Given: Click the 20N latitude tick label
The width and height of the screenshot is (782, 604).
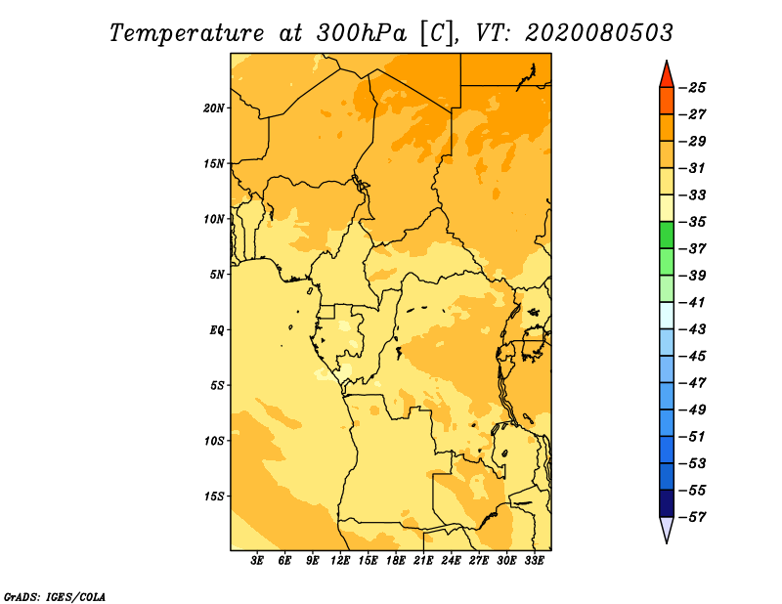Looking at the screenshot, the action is point(214,108).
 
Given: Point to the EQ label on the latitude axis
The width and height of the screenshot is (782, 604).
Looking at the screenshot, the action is point(216,330).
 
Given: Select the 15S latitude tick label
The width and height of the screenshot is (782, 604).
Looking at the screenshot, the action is point(214,496).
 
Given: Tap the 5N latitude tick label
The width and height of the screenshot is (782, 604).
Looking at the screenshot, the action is point(216,275).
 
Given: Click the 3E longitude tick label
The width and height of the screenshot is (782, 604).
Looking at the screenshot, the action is point(257,561).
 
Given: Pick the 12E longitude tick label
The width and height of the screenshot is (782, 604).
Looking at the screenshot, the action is point(339,561).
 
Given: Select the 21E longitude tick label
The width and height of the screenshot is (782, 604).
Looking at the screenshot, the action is point(423,561).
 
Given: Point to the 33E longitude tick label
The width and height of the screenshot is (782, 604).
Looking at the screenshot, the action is point(534,561).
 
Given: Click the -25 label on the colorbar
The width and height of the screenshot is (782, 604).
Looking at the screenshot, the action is point(692,88).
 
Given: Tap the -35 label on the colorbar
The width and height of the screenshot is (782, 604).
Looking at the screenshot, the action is point(692,222).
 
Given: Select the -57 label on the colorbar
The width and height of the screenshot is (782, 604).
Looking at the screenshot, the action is point(692,517).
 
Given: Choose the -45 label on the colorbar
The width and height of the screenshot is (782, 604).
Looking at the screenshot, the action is point(692,356).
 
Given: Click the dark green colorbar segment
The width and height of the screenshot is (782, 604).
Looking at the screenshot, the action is point(667,235).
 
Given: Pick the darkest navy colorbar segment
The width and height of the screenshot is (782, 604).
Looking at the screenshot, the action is point(667,503).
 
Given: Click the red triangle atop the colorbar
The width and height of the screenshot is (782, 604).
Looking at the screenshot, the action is point(667,76).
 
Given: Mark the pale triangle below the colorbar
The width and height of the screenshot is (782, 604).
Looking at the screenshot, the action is point(667,529).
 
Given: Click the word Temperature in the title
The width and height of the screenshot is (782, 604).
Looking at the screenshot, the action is point(187,33).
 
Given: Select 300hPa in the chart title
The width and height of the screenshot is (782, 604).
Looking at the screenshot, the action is point(362,33).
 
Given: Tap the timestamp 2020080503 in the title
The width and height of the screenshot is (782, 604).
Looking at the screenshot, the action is point(599,33).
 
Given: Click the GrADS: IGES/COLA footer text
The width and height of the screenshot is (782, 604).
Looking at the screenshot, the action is point(55,596).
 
